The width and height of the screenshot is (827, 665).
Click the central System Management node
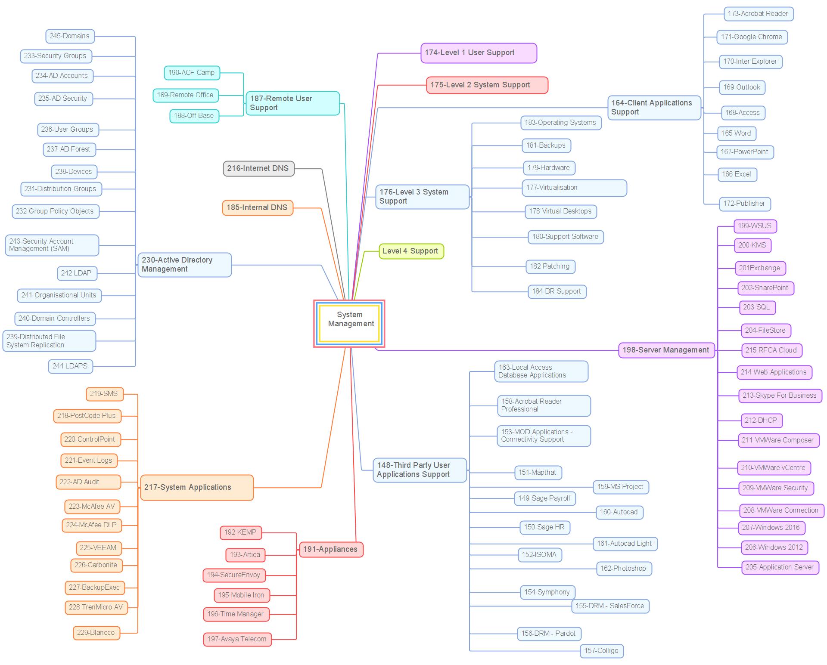[x=349, y=323]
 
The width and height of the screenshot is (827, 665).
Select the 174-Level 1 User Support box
[x=479, y=53]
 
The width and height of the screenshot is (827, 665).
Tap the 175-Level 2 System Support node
[x=487, y=85]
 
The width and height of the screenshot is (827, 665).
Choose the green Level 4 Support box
[x=411, y=251]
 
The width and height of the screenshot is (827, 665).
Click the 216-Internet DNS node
[x=258, y=168]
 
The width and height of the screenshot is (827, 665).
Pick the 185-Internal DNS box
[x=258, y=207]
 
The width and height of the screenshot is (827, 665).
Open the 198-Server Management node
[x=666, y=350]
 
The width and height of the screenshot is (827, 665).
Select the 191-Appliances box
[x=331, y=550]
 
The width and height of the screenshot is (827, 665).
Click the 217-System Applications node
[x=197, y=488]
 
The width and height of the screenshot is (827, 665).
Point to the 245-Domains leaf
[x=70, y=36]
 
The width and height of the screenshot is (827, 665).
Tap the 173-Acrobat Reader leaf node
[x=758, y=14]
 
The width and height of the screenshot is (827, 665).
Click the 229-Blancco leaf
[x=96, y=633]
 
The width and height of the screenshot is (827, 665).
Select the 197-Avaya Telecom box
[x=237, y=639]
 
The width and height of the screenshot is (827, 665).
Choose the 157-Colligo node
[x=601, y=651]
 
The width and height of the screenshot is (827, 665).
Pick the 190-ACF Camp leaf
[x=192, y=73]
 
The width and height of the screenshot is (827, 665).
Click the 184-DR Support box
[x=557, y=291]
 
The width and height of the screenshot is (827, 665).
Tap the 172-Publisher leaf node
[x=744, y=204]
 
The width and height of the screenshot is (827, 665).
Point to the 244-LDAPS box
[x=70, y=366]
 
